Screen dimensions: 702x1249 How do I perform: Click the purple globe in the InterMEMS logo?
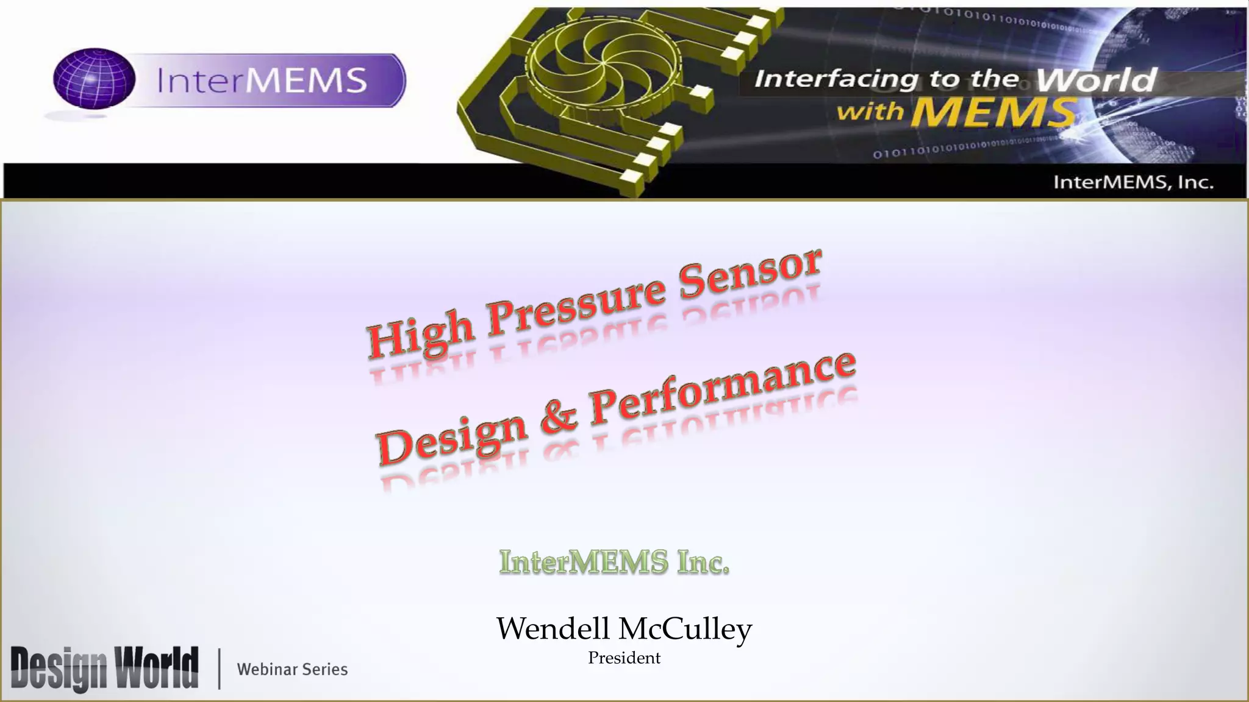tap(94, 79)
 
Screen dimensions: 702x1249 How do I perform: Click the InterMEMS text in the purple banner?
tap(262, 80)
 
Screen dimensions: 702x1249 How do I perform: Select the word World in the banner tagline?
tap(1095, 80)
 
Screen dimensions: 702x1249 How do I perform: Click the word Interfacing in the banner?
tap(836, 79)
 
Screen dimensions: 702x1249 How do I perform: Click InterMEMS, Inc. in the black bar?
tap(1133, 182)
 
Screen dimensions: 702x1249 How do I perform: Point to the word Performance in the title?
tap(723, 388)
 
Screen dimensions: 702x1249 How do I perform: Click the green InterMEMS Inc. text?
tap(614, 561)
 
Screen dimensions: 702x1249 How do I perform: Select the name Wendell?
tap(553, 628)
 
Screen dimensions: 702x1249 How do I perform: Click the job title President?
tap(624, 658)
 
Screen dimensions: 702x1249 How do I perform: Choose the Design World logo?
tap(104, 668)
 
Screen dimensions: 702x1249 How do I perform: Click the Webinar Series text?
tap(292, 669)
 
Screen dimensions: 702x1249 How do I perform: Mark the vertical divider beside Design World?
tap(219, 669)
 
